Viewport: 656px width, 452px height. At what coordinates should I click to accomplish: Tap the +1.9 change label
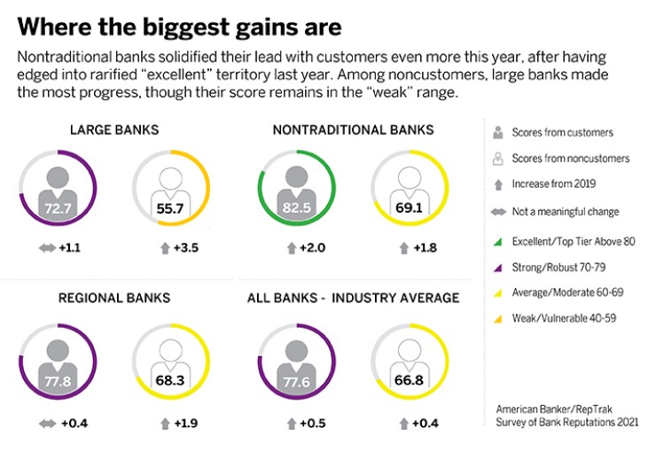[184, 422]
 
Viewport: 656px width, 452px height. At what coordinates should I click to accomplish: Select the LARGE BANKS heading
[114, 130]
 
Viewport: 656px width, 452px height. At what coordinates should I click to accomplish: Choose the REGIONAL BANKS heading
[114, 299]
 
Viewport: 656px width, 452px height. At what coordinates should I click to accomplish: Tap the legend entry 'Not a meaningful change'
[566, 212]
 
